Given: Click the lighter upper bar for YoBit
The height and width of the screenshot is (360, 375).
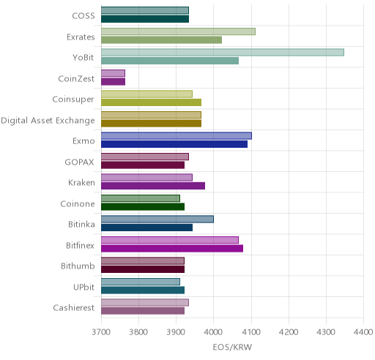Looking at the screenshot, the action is (x=223, y=52).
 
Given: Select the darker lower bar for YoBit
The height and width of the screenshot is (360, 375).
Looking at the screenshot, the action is (x=170, y=61).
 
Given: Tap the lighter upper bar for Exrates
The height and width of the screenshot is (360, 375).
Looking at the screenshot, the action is (x=178, y=31).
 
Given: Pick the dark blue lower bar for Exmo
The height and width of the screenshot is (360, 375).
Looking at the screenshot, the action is (x=174, y=144).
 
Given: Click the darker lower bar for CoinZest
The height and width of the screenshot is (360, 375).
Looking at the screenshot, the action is (x=114, y=82).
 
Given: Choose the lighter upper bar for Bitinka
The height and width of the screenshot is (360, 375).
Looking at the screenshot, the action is (x=157, y=219).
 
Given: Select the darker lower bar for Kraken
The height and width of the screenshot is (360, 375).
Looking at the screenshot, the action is (x=153, y=186).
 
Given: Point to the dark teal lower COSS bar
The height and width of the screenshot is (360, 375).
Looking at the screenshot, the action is (x=145, y=19).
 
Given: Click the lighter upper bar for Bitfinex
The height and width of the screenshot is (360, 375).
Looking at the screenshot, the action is (x=170, y=240).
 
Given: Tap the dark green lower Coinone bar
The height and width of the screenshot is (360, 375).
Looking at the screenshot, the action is (x=143, y=207).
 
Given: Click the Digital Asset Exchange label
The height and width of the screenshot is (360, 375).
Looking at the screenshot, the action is (x=48, y=121).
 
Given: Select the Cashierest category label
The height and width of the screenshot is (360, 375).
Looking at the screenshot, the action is (x=74, y=307).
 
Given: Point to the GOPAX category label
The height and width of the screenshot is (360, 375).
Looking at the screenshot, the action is (x=79, y=162).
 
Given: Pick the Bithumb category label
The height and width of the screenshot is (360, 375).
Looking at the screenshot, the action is (x=78, y=266).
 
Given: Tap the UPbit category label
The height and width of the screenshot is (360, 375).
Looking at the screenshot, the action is (x=83, y=287).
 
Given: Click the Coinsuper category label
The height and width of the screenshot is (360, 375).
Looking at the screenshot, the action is (x=73, y=100).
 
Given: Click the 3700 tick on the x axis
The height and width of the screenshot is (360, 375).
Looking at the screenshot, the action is (x=101, y=331).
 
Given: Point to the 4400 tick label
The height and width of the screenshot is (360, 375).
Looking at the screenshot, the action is (x=363, y=331).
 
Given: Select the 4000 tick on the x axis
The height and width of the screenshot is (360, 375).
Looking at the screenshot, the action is (x=213, y=331).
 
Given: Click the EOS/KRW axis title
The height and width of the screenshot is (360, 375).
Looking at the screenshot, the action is (x=232, y=347).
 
